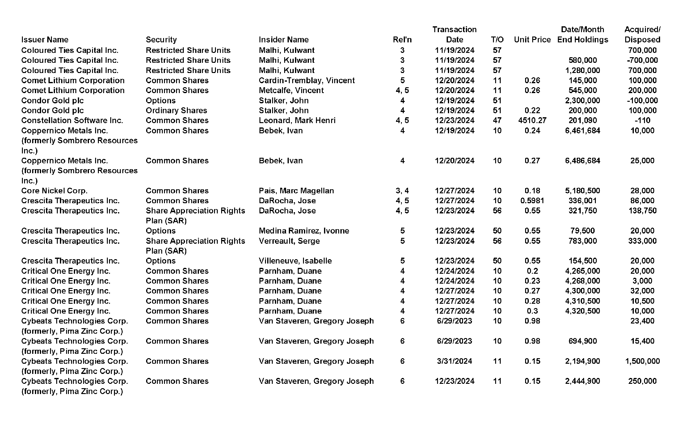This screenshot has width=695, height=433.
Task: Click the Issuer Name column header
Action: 45,40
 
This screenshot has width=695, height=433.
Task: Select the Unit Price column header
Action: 532,40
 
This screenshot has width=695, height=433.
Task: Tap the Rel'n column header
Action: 402,40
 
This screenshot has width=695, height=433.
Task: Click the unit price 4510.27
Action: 532,120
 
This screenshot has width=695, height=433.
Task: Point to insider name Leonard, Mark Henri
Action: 297,120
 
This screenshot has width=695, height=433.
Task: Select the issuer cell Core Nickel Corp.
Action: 54,191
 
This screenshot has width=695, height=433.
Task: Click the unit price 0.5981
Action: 532,201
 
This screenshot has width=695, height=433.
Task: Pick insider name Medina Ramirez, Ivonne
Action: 304,231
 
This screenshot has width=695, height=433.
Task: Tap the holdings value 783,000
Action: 583,241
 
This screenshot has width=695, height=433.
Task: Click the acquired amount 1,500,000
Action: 642,361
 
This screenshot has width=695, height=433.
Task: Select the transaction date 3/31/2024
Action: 454,361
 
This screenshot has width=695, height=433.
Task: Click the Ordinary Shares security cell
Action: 176,110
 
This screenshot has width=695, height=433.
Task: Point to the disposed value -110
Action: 642,120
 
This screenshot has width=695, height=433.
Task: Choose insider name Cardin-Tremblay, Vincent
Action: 307,80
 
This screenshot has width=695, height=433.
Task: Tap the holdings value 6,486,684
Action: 583,161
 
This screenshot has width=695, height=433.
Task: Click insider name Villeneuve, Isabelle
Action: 295,261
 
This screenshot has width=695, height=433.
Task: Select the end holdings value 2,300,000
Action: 583,101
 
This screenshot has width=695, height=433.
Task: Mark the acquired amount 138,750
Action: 642,211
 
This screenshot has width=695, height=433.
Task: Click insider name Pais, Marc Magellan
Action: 296,191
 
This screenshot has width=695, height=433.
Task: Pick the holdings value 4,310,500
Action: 583,301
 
